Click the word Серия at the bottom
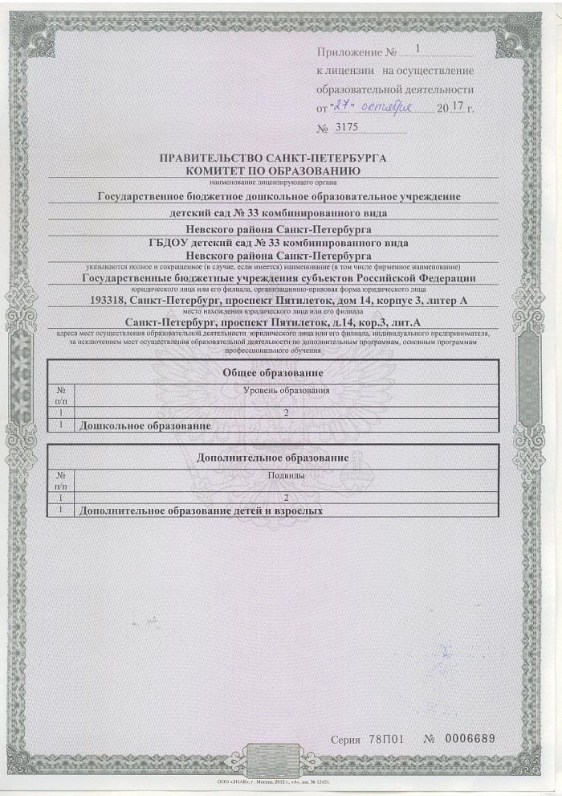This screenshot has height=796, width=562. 349,739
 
